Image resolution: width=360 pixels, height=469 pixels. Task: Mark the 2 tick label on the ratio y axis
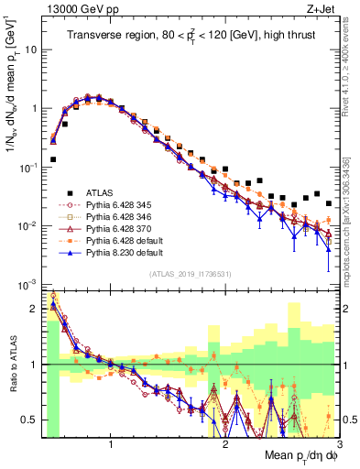coord(34,309)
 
